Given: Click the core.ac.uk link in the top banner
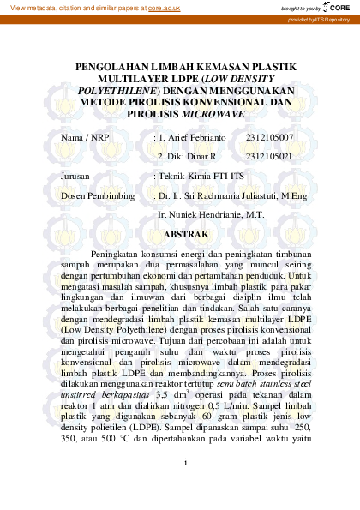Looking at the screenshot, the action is (x=163, y=7).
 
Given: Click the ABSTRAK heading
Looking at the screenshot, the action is (x=186, y=233).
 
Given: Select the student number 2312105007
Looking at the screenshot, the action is (x=269, y=137).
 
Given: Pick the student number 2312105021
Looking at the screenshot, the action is (x=269, y=157).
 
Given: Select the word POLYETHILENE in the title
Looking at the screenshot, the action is (x=116, y=88).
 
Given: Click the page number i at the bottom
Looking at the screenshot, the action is (x=184, y=462).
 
